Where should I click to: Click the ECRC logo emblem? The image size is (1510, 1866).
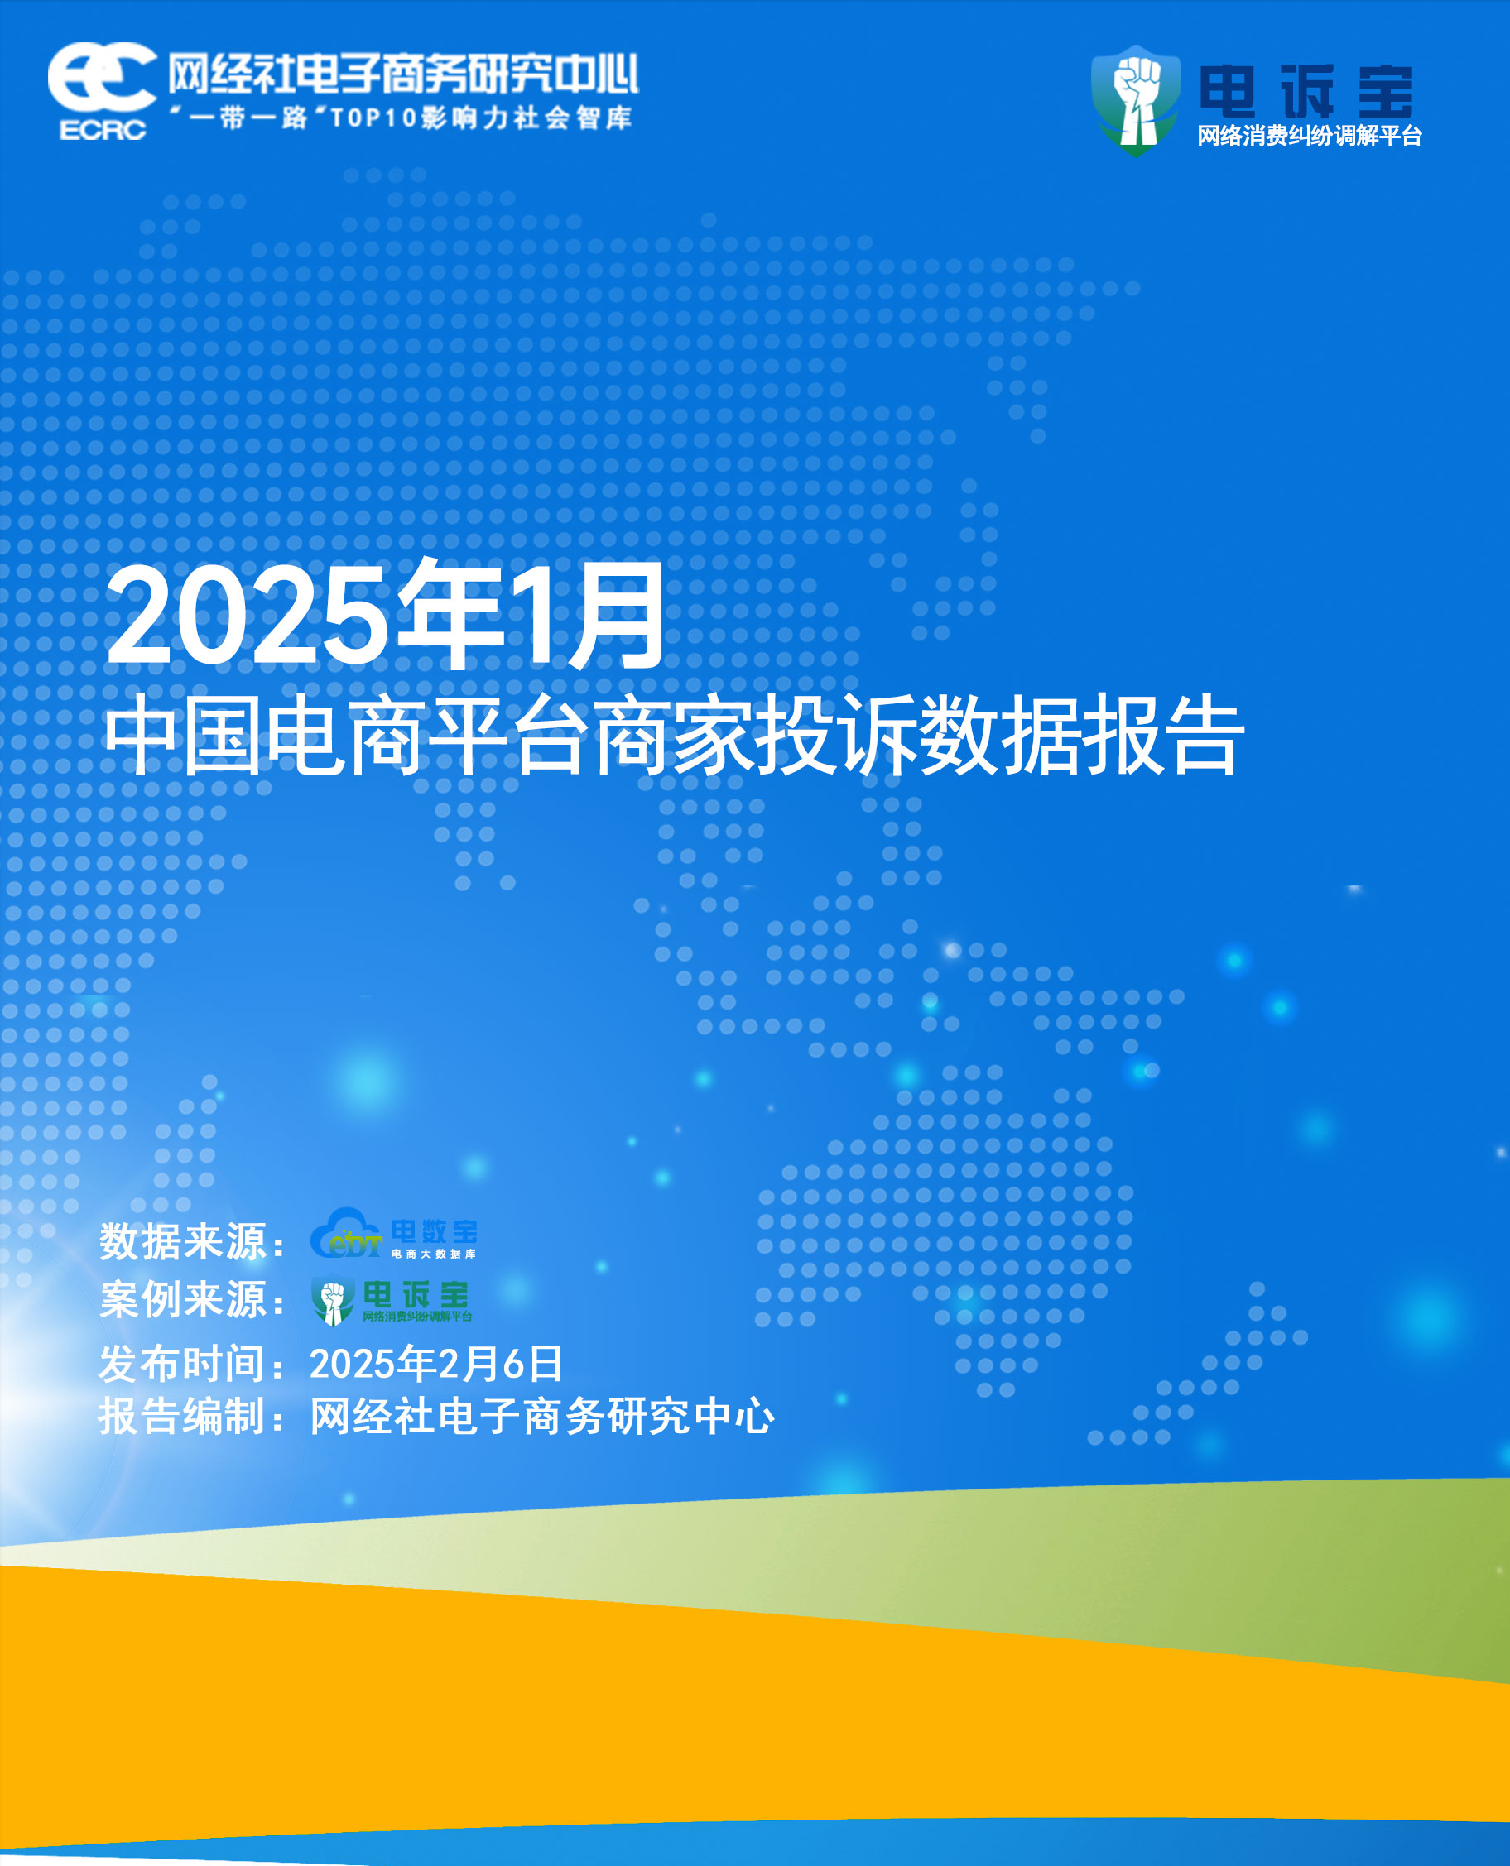(x=103, y=91)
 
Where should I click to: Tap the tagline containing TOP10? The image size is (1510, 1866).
(x=401, y=118)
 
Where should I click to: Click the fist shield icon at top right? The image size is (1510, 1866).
(x=1136, y=100)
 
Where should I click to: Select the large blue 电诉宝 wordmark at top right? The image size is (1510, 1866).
(x=1306, y=91)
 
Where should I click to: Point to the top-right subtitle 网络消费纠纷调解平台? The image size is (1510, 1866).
(x=1309, y=136)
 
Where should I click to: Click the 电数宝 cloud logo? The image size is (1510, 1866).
(x=394, y=1233)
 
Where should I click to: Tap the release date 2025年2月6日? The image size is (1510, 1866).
(x=435, y=1364)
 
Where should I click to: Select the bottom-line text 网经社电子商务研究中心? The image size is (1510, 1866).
(x=542, y=1417)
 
